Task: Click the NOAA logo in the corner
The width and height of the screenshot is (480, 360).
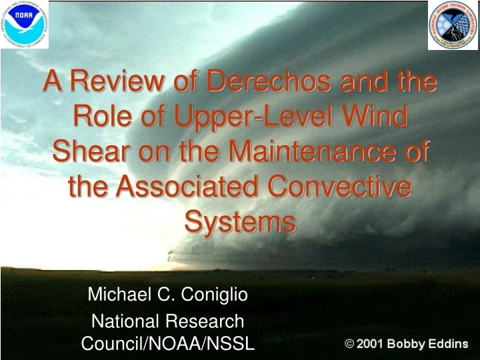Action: click(25, 25)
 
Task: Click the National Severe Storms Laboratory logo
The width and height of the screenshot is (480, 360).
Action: click(453, 25)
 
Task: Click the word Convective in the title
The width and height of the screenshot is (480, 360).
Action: click(347, 187)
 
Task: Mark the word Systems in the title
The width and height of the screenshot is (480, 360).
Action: click(240, 221)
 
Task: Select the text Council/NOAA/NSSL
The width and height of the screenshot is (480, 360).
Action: click(167, 343)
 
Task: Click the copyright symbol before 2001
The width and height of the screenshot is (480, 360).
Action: click(349, 344)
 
